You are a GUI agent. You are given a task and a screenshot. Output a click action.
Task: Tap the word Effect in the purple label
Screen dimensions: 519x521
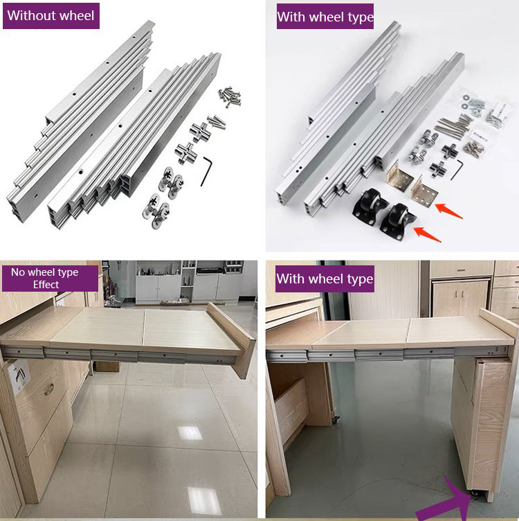(46, 285)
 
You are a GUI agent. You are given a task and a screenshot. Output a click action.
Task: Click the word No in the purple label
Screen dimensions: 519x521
(18, 272)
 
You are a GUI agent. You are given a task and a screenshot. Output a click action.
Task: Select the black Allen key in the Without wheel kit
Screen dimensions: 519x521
(206, 171)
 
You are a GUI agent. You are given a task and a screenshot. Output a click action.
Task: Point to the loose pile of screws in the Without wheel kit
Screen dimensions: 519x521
(229, 96)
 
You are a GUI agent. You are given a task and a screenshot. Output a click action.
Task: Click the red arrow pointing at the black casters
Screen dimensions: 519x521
(428, 233)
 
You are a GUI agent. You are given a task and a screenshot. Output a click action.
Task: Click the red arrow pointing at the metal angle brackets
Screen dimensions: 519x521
(448, 211)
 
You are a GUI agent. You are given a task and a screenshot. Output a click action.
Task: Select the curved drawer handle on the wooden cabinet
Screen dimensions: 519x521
(49, 389)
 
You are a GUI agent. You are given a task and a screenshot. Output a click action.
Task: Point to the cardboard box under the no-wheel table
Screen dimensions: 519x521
(106, 366)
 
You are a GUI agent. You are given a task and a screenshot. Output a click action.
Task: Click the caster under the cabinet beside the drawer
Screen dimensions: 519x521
(336, 419)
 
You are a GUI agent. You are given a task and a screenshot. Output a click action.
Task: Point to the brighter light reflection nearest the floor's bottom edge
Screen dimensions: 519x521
(203, 500)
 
